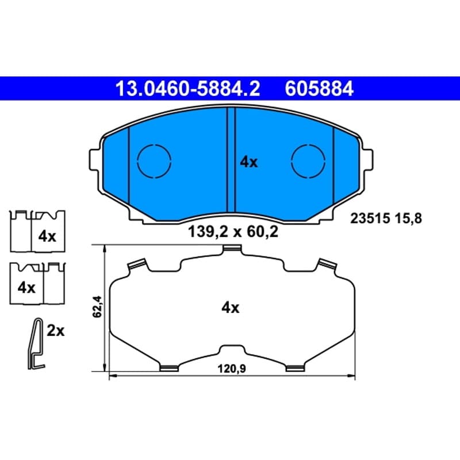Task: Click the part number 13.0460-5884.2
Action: (188, 89)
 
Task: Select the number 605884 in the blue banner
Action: (319, 89)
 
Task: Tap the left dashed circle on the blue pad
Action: (154, 161)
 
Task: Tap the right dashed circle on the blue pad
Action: (308, 161)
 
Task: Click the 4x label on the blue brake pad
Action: (249, 162)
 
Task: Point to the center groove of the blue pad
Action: (232, 160)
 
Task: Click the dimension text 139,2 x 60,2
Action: (233, 232)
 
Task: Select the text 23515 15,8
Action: (386, 218)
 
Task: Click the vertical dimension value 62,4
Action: (97, 306)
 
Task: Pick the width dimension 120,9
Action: (232, 369)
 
